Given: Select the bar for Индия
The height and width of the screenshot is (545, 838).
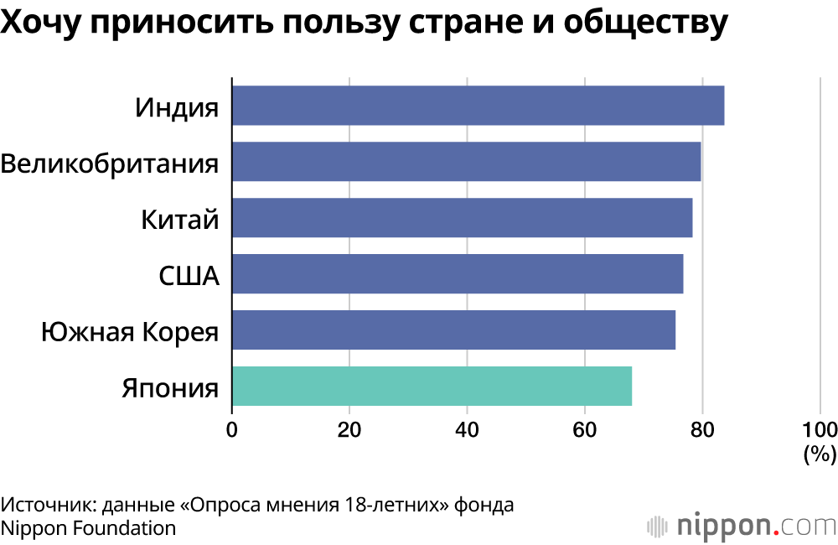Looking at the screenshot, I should [x=478, y=106].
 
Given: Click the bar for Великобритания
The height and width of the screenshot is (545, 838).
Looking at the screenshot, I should [x=466, y=162].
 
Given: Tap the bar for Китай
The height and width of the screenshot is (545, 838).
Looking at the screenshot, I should [x=462, y=218].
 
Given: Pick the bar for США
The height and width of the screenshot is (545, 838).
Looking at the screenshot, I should [x=457, y=274].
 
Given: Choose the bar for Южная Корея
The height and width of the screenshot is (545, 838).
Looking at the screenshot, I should [x=453, y=330].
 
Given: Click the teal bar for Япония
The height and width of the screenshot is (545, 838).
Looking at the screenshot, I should [x=432, y=387].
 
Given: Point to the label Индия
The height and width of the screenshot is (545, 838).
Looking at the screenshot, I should [x=177, y=107].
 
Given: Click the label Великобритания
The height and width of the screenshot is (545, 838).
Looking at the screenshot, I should [x=110, y=163].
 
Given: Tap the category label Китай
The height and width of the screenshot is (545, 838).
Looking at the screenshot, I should [x=179, y=220].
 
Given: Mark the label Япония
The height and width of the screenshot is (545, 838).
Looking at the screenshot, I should [x=170, y=388].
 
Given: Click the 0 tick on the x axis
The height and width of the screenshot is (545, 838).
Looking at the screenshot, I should [x=231, y=431].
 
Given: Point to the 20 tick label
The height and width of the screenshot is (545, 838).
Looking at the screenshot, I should [x=349, y=431].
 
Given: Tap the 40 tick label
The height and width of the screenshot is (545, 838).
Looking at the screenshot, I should [x=467, y=431].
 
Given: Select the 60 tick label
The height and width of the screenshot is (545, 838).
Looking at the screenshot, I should [x=584, y=431].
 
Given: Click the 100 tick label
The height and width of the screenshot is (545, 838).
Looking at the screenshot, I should [x=819, y=431].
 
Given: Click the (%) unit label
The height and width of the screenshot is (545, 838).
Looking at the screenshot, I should [x=820, y=455].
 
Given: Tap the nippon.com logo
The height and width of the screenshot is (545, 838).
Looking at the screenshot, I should [x=742, y=526].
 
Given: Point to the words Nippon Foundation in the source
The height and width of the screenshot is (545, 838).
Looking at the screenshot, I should [x=89, y=528].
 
